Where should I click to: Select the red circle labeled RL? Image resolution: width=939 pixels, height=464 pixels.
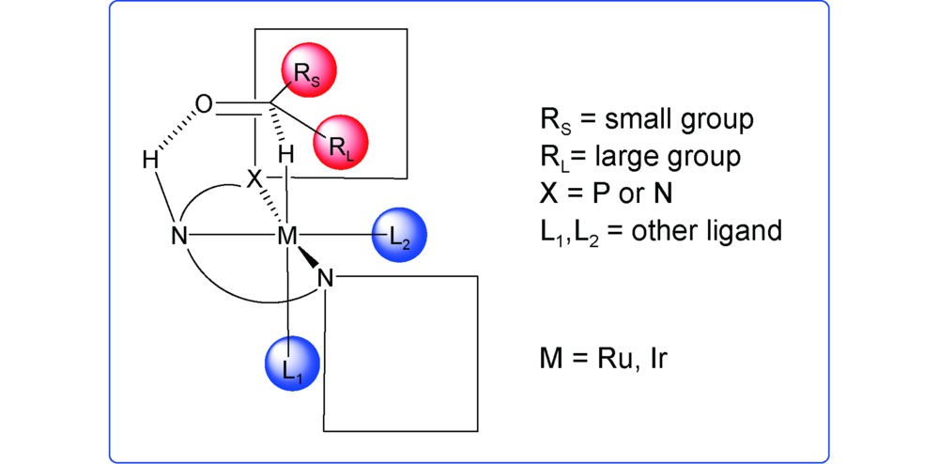(x=340, y=141)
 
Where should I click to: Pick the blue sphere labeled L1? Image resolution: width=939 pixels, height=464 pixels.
(x=290, y=365)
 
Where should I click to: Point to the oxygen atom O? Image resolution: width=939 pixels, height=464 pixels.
(x=203, y=101)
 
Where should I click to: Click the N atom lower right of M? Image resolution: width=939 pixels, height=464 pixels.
(x=325, y=276)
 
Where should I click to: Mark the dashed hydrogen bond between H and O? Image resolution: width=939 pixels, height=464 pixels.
(x=174, y=131)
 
